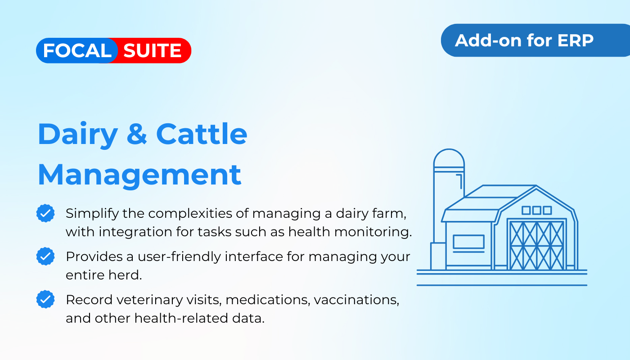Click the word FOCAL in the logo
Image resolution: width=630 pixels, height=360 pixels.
pos(77,50)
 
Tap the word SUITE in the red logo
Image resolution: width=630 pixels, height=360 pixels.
pos(153,50)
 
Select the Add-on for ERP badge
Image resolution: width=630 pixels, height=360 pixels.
pos(535,40)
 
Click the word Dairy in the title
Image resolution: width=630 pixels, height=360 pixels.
pos(77,135)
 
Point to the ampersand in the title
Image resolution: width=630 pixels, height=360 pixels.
pos(137,134)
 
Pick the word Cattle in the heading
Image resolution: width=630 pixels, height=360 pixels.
pos(202,134)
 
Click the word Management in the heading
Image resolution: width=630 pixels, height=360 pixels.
pos(139,175)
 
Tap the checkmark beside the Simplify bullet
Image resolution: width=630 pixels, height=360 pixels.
pos(45,213)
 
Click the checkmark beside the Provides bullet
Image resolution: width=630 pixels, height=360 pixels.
pos(45,256)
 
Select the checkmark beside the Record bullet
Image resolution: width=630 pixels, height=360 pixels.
pos(45,299)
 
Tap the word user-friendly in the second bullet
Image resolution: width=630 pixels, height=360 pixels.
pos(179,257)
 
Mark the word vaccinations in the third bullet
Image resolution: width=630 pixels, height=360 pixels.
pos(356,300)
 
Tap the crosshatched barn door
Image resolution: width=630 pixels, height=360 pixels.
pos(536,246)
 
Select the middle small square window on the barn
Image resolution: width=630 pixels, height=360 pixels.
pos(536,211)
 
